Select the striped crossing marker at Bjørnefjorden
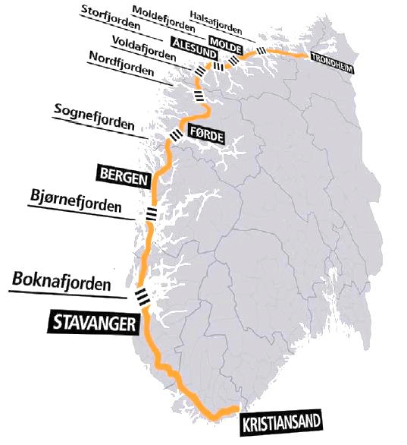click(x=152, y=213)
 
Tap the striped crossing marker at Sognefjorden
click(x=177, y=134)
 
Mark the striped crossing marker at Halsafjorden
click(x=261, y=51)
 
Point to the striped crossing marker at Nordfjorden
click(x=198, y=96)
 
